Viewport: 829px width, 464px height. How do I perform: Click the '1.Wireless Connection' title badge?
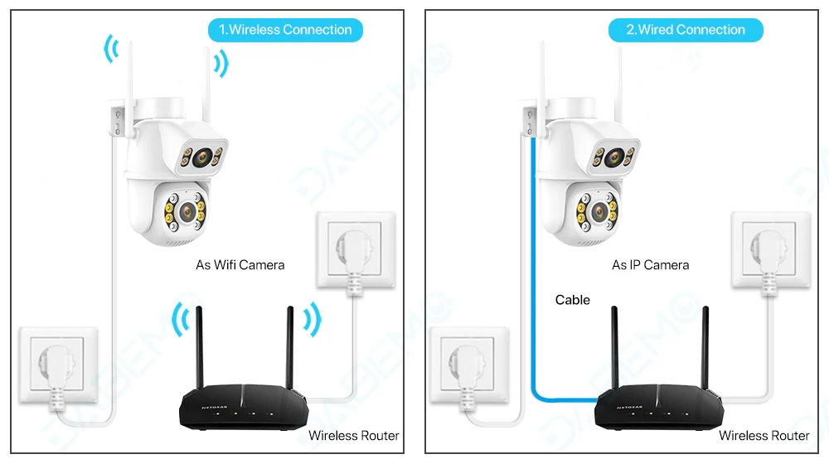pyautogui.click(x=285, y=30)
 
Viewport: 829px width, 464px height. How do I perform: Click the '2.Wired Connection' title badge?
pyautogui.click(x=685, y=30)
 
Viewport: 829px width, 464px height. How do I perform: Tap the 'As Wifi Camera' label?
pyautogui.click(x=240, y=265)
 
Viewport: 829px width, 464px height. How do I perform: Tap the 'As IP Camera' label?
pyautogui.click(x=650, y=265)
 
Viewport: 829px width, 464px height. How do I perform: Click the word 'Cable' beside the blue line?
pyautogui.click(x=573, y=300)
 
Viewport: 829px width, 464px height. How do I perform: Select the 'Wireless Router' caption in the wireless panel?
pyautogui.click(x=353, y=435)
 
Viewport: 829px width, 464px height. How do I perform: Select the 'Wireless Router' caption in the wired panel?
pyautogui.click(x=764, y=435)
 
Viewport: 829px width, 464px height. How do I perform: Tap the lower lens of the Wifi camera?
pyautogui.click(x=185, y=210)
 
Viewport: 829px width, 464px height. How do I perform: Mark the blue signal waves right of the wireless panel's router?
pyautogui.click(x=312, y=318)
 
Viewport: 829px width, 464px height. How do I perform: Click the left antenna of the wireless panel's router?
pyautogui.click(x=200, y=348)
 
